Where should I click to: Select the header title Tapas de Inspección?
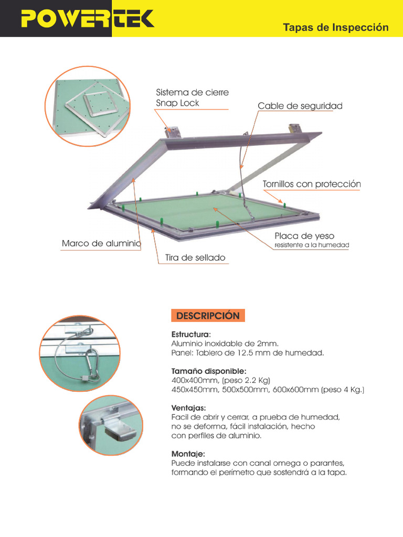click(336, 27)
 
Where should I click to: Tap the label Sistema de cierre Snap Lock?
click(192, 98)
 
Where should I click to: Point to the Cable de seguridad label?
click(300, 106)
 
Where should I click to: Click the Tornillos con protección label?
click(312, 184)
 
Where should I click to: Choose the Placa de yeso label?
click(304, 236)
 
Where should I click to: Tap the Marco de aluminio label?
click(101, 243)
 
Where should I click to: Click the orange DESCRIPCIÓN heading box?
click(208, 316)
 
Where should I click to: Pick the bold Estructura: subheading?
click(191, 334)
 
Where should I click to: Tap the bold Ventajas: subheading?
click(188, 408)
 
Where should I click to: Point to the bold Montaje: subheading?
click(188, 454)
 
